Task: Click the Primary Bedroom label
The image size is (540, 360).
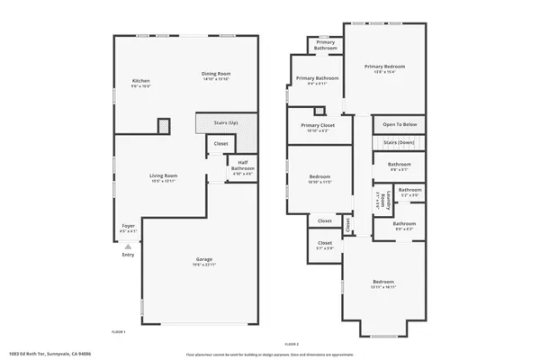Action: tap(384, 67)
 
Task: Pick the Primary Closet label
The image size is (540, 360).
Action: tap(317, 126)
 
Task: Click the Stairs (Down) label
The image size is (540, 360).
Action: tap(398, 142)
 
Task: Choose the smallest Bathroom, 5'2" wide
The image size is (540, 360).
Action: tap(410, 191)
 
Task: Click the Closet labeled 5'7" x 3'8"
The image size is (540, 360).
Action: tap(324, 242)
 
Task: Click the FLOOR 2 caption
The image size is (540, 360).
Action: tap(291, 343)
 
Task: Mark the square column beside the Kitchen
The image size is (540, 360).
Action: tap(164, 125)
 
